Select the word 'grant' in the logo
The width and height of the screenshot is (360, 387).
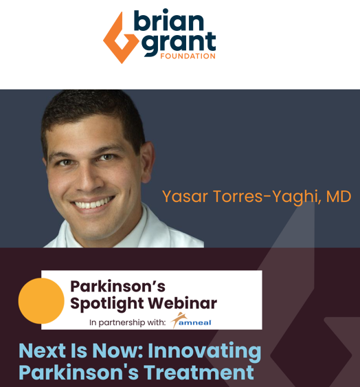click(x=179, y=44)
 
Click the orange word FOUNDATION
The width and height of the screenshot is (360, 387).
click(x=188, y=56)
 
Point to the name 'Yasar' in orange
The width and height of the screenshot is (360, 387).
click(x=185, y=197)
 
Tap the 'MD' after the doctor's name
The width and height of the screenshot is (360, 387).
click(x=339, y=197)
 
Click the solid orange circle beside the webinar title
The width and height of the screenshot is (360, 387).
click(x=41, y=300)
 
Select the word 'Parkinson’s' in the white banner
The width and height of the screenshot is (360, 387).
click(x=117, y=287)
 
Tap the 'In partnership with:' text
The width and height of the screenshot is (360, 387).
click(x=127, y=322)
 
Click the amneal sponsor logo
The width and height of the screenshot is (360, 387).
click(x=191, y=320)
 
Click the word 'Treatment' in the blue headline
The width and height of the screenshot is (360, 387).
click(x=199, y=372)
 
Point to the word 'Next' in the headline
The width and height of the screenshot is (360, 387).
click(x=42, y=351)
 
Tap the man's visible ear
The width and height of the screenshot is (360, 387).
click(x=147, y=162)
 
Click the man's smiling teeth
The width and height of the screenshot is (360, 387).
click(x=93, y=203)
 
